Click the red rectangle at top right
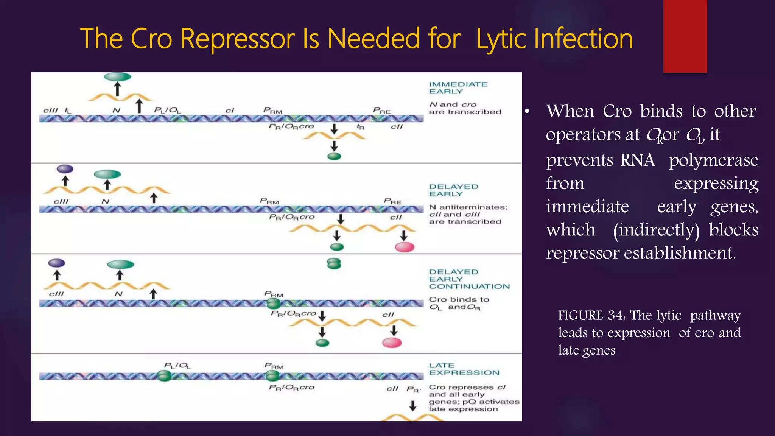(x=685, y=36)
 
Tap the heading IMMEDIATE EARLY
(x=458, y=88)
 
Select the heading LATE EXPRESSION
(x=464, y=369)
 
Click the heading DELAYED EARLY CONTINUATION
(x=469, y=279)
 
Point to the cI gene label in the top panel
(x=230, y=111)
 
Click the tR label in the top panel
(x=361, y=127)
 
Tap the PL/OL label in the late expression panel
(x=177, y=366)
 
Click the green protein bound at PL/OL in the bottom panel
(x=164, y=376)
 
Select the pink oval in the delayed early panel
(x=405, y=248)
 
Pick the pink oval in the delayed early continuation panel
(x=392, y=343)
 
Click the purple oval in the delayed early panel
(x=65, y=169)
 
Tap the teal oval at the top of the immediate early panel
(x=117, y=77)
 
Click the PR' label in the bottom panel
(x=413, y=389)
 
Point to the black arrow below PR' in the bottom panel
(x=413, y=406)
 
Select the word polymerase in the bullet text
(x=713, y=160)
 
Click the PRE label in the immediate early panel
(x=381, y=111)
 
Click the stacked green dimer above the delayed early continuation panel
(x=334, y=263)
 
